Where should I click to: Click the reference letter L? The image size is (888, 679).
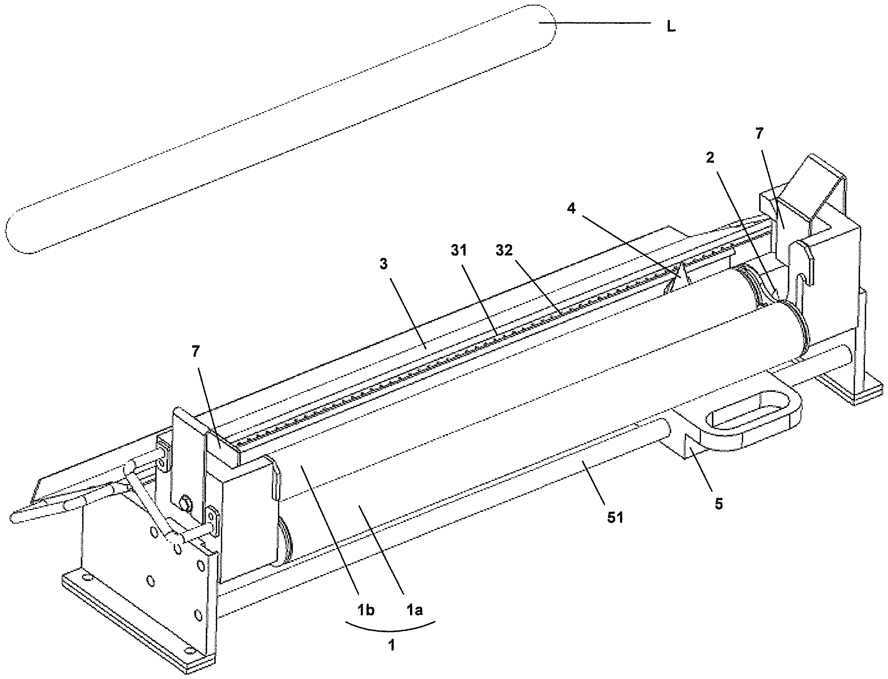pos(671,27)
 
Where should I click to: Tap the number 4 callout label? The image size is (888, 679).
pos(571,209)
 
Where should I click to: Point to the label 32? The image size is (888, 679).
pos(504,250)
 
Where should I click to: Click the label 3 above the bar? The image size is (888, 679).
pos(383,264)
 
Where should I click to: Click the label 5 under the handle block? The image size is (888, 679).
pos(718,504)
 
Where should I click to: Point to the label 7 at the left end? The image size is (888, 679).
pos(196,352)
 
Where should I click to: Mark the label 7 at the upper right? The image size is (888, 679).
pos(760,133)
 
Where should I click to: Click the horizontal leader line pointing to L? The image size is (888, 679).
pos(594,23)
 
